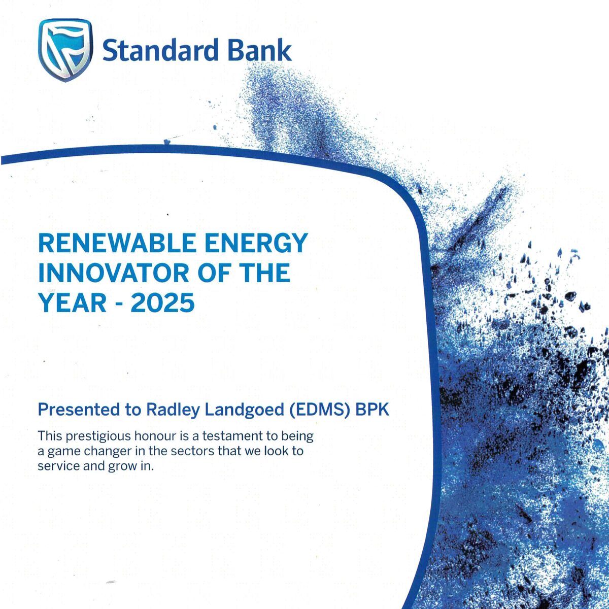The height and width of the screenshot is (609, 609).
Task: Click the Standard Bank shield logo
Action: click(x=65, y=50)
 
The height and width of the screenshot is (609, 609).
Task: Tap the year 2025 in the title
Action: click(x=162, y=302)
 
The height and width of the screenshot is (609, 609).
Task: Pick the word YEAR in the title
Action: click(x=72, y=302)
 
